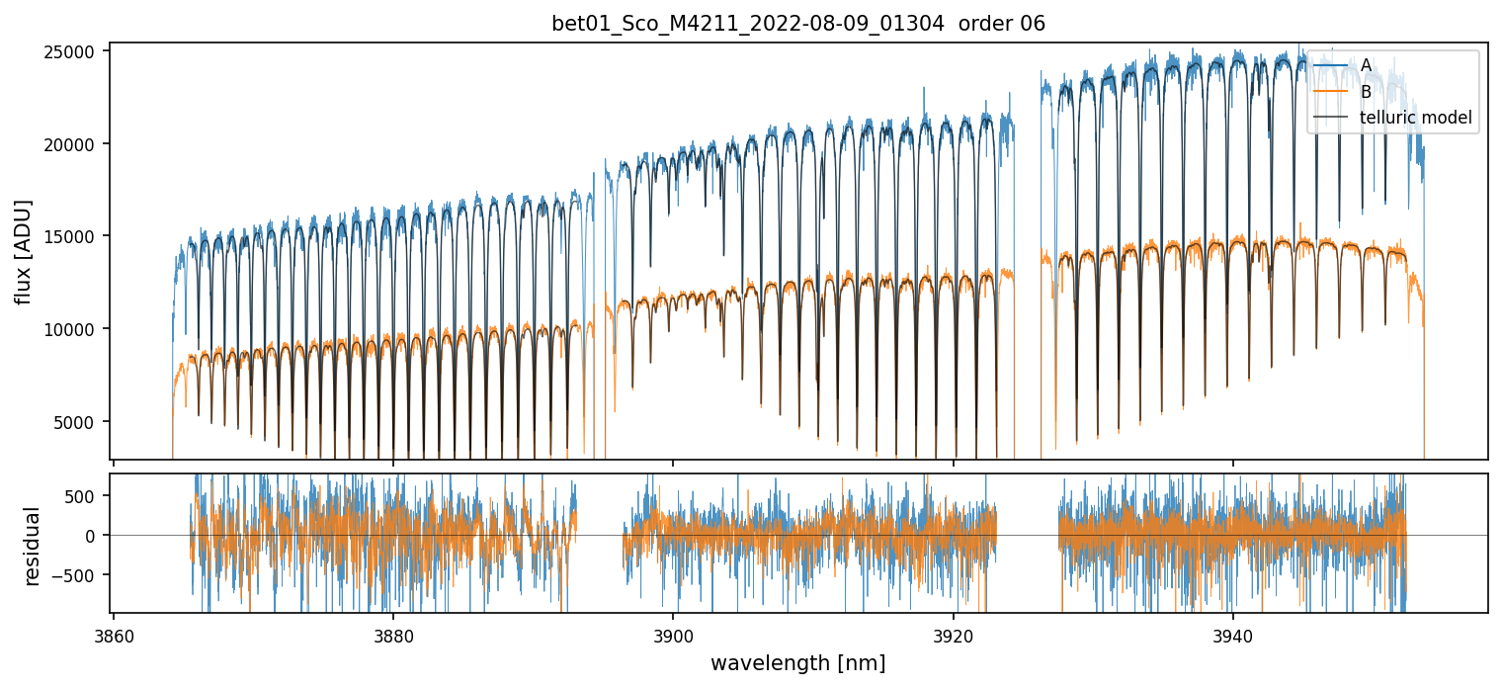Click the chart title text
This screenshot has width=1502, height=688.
coord(798,24)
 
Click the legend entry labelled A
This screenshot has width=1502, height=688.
coord(1366,65)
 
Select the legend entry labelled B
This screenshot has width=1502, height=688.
coord(1366,92)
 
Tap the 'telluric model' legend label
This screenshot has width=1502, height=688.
coord(1416,118)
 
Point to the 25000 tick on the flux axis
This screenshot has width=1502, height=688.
coord(75,51)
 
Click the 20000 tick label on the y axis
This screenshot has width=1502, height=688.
coord(75,144)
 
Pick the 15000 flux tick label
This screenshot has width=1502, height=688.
coord(75,237)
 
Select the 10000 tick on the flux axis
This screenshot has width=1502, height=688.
coord(75,329)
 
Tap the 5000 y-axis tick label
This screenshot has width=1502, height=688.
coord(79,422)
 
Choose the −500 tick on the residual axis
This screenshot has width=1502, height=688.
coord(82,575)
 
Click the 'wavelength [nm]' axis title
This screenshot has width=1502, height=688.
coord(798,662)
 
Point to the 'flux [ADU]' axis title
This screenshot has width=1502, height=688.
coord(24,251)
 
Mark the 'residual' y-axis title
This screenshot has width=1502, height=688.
coord(33,546)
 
